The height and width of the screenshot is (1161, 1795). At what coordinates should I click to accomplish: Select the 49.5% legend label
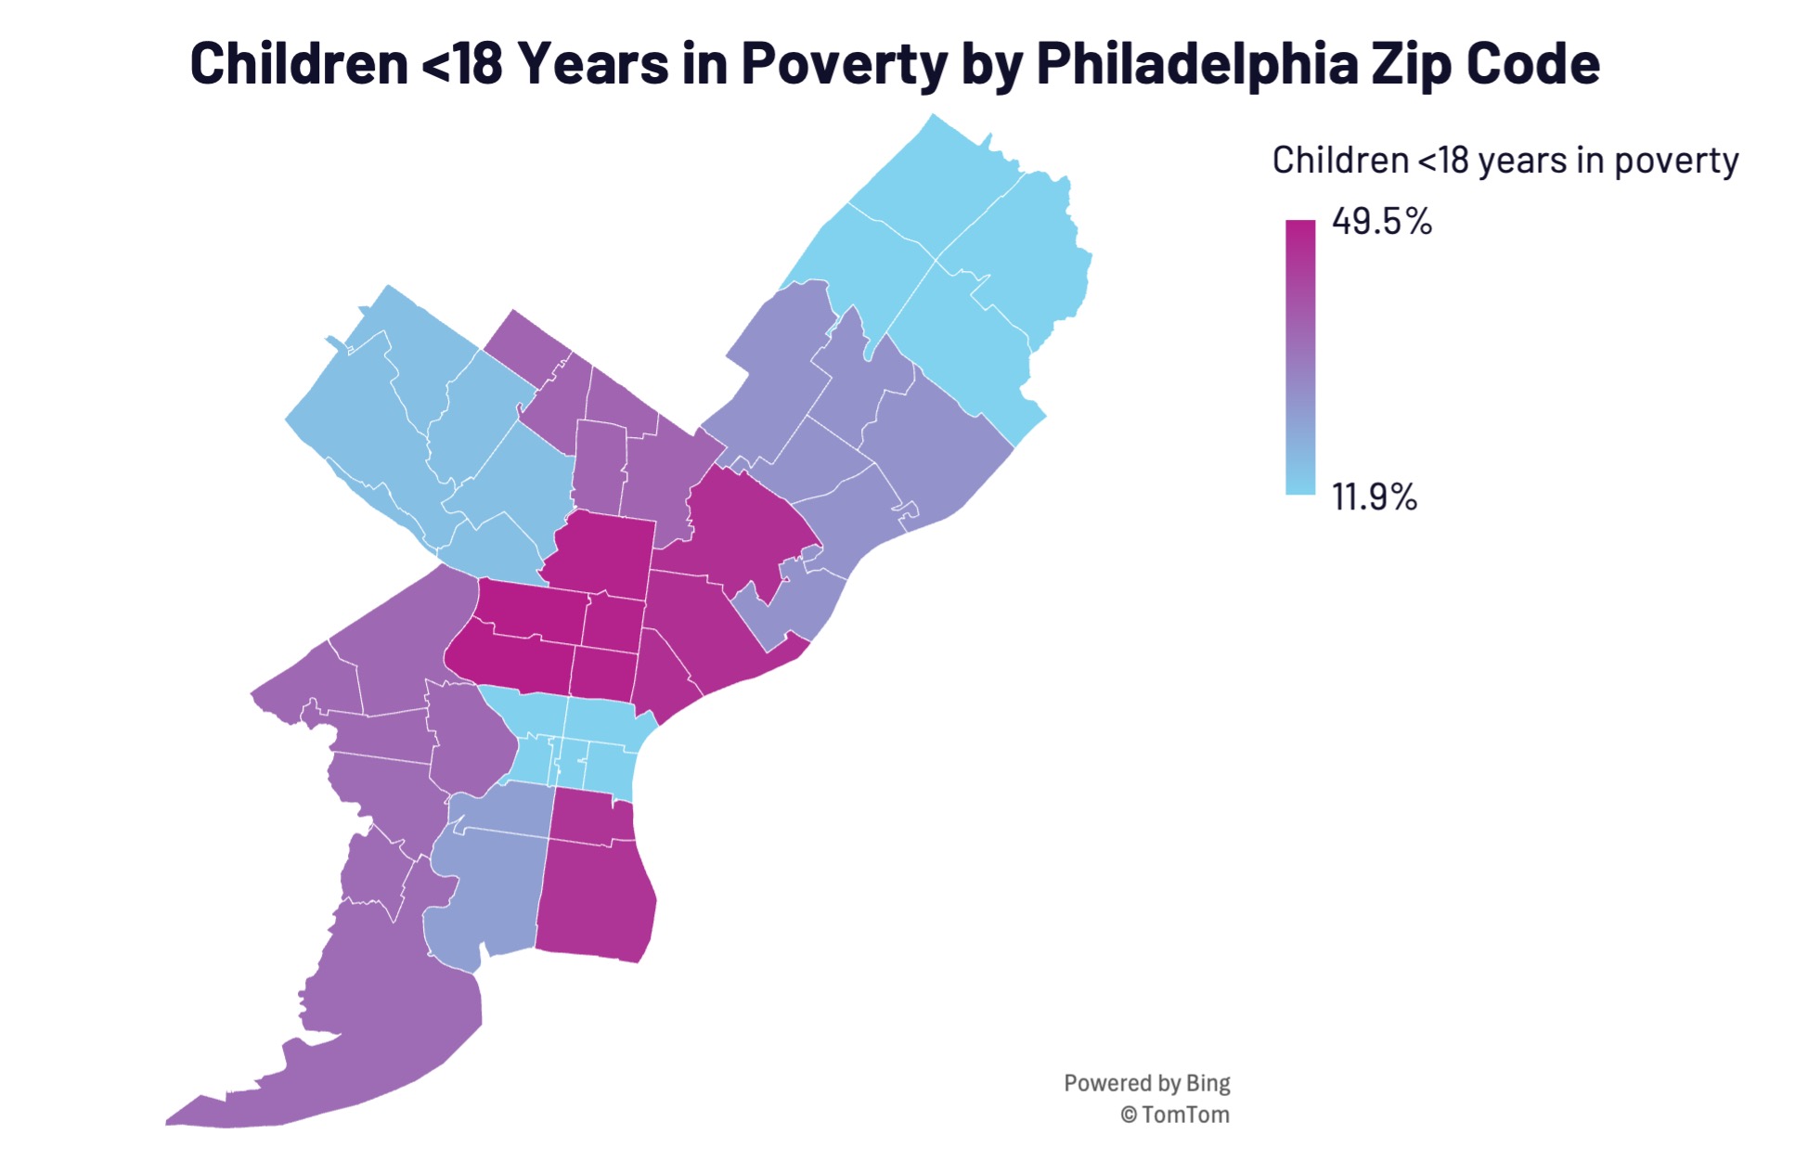click(1381, 222)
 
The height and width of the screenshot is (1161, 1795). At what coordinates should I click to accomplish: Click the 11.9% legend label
click(1374, 497)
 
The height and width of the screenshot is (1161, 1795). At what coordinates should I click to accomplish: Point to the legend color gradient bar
click(1299, 357)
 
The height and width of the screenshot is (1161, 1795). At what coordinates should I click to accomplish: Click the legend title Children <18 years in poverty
click(1504, 161)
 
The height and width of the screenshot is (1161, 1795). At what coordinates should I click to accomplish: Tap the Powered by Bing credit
click(1146, 1083)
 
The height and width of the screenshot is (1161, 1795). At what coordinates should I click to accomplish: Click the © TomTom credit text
click(1174, 1115)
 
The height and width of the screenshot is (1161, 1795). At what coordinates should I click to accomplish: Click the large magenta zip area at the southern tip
click(594, 900)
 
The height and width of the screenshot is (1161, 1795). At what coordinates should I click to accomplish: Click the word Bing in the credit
click(1207, 1083)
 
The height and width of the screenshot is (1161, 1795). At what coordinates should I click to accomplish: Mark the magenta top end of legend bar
click(1299, 227)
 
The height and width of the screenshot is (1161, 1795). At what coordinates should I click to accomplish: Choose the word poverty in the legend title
click(1675, 161)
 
